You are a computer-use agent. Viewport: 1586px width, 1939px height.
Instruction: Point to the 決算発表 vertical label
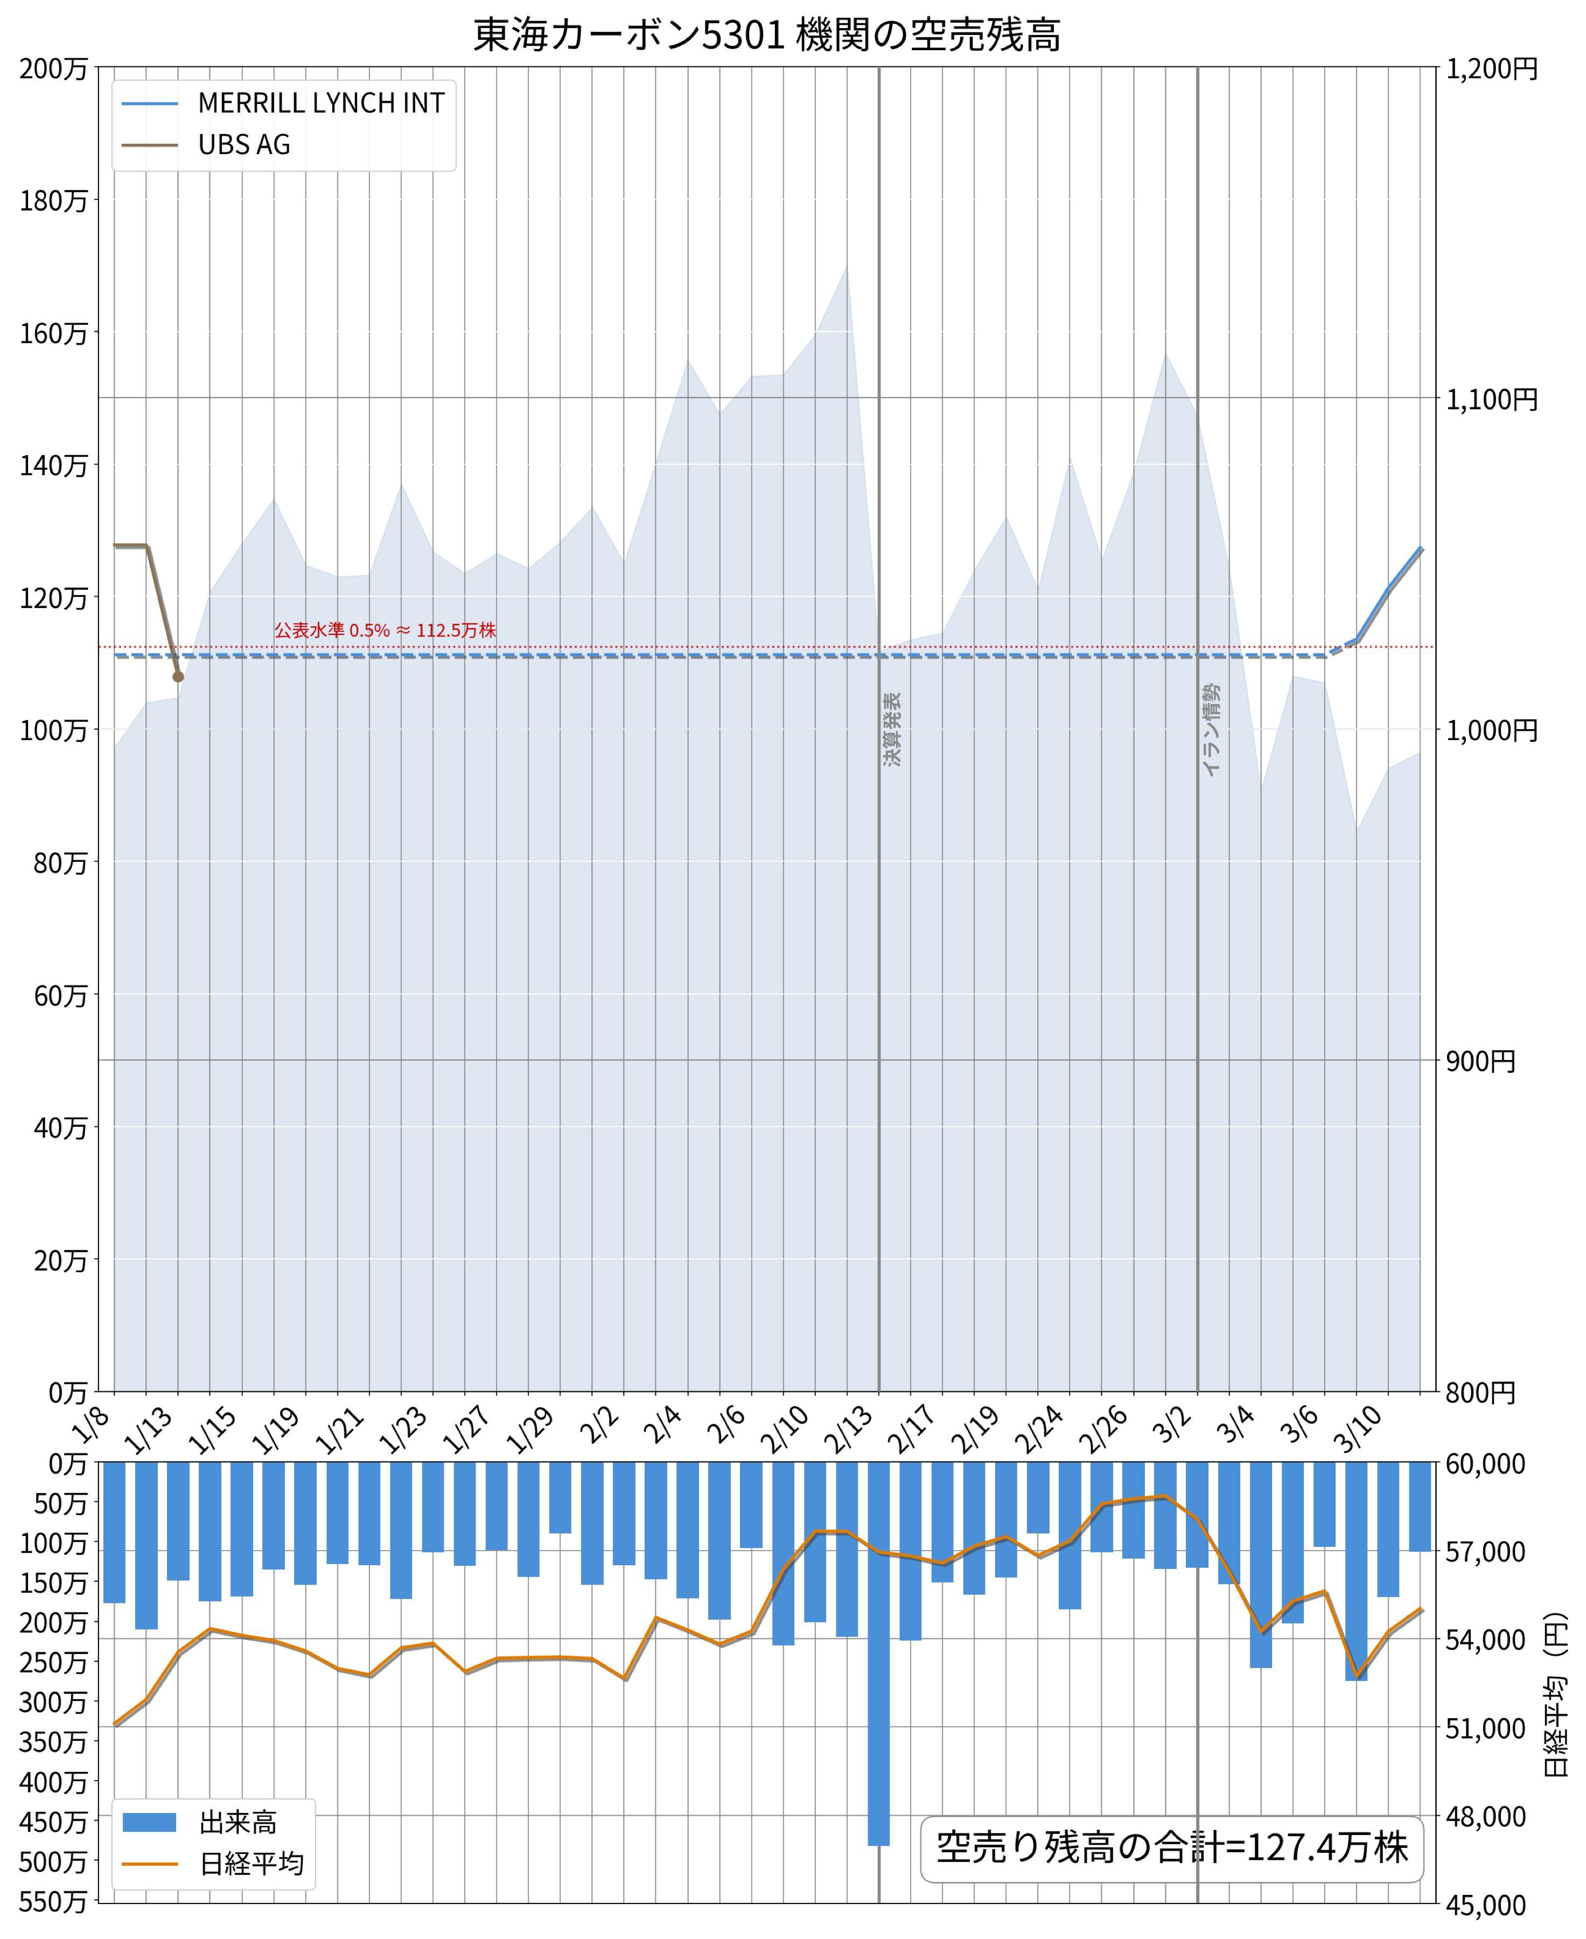click(x=892, y=729)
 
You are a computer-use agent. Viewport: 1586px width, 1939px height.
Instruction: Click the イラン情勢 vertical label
click(x=1211, y=730)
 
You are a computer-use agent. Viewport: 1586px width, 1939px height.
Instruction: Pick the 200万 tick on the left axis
click(x=53, y=68)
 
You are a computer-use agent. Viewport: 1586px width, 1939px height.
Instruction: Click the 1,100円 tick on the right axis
click(x=1491, y=399)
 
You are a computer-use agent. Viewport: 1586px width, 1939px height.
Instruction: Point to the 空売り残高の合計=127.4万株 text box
click(x=1171, y=1847)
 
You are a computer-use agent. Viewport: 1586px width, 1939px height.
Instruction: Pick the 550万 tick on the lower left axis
click(x=53, y=1901)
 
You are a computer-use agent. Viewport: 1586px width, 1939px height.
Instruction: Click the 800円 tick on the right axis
click(x=1479, y=1392)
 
